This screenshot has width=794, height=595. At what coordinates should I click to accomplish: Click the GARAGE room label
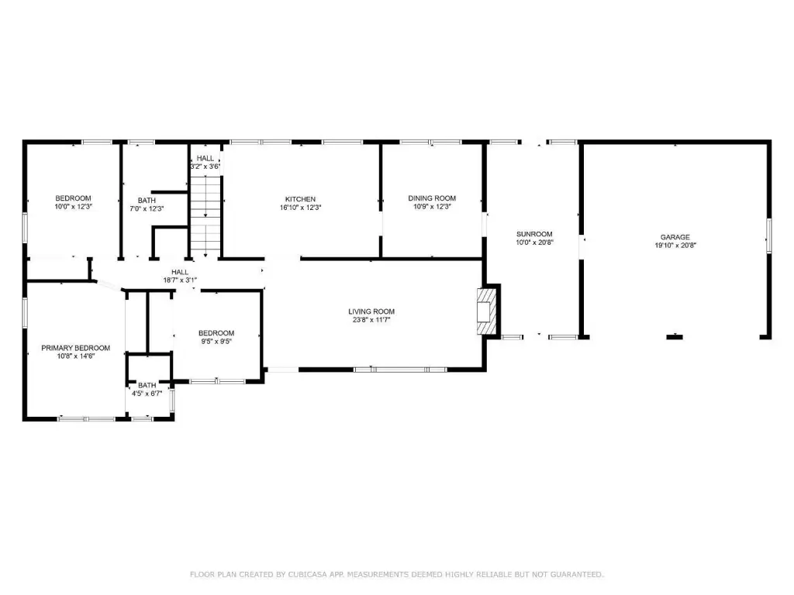675,237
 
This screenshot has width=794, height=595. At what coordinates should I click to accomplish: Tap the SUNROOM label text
534,234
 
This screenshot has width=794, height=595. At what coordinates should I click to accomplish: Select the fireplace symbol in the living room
487,311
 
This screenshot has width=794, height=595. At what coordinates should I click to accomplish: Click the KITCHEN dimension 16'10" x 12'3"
301,208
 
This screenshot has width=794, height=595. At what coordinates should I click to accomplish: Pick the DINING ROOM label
432,198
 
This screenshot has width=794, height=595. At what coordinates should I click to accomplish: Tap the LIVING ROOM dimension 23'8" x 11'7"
371,320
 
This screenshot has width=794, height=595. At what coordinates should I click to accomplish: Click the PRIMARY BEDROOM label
75,348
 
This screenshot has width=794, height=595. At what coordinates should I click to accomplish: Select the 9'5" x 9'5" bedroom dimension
216,342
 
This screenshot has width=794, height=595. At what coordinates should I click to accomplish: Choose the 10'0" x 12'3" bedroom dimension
74,206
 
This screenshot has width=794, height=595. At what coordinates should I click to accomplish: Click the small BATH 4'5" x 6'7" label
147,389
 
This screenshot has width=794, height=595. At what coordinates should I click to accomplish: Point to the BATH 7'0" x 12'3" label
147,205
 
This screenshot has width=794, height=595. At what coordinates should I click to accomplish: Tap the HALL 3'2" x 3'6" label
205,163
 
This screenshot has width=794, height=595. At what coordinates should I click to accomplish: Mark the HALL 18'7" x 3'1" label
180,276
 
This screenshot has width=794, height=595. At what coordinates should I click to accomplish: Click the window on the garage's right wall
768,236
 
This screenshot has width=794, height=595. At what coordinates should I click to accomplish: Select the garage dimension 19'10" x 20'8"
675,246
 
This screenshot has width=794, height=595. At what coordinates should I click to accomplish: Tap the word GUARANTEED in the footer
577,574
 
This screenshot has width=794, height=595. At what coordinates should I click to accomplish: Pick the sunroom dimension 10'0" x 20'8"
535,242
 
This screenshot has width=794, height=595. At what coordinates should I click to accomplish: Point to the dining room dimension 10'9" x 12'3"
432,206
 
